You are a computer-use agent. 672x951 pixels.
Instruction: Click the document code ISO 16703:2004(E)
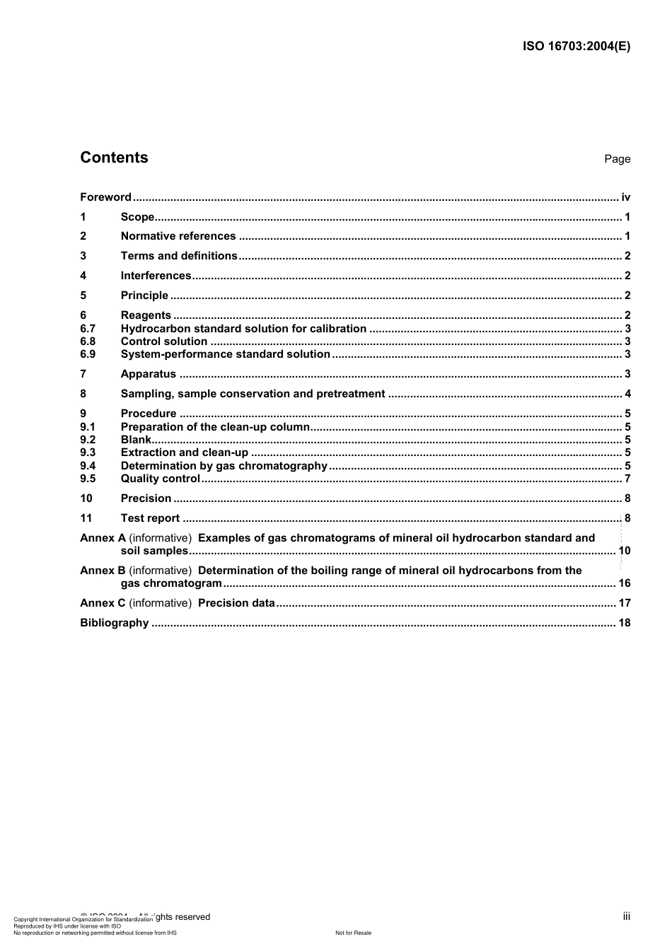pos(576,47)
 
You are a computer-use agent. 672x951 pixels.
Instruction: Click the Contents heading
pos(114,158)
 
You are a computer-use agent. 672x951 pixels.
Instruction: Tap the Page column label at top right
pos(617,159)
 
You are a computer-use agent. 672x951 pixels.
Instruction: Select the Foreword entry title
pos(105,197)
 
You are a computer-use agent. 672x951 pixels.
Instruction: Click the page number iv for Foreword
pos(625,197)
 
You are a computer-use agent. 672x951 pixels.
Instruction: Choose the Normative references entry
pos(178,236)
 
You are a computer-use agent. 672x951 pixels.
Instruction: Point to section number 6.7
pos(88,329)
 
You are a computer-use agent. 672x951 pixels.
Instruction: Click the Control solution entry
pos(163,342)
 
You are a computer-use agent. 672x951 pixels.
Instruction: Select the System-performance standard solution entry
pos(225,354)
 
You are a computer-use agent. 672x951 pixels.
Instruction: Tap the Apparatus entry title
pos(148,374)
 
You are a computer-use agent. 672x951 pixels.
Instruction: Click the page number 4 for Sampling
pos(627,394)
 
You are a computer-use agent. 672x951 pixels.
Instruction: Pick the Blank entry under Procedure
pos(136,440)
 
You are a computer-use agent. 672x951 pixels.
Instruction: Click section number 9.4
pos(88,466)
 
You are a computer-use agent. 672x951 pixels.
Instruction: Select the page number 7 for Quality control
pos(627,479)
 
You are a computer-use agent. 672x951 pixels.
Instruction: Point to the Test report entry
pos(150,518)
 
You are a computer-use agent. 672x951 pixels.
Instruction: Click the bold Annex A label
pos(103,538)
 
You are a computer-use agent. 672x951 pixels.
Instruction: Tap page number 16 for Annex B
pos(624,583)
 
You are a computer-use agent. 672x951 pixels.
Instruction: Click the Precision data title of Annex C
pos(236,603)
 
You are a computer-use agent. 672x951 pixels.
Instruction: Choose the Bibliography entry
pos(114,623)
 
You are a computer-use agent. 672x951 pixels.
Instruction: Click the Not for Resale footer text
pos(353,933)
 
